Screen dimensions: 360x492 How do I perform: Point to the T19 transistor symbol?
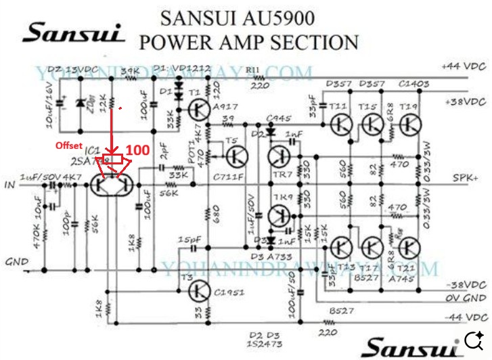pos(409,125)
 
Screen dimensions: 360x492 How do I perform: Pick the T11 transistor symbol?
pos(341,125)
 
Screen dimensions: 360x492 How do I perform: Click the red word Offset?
pos(68,145)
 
